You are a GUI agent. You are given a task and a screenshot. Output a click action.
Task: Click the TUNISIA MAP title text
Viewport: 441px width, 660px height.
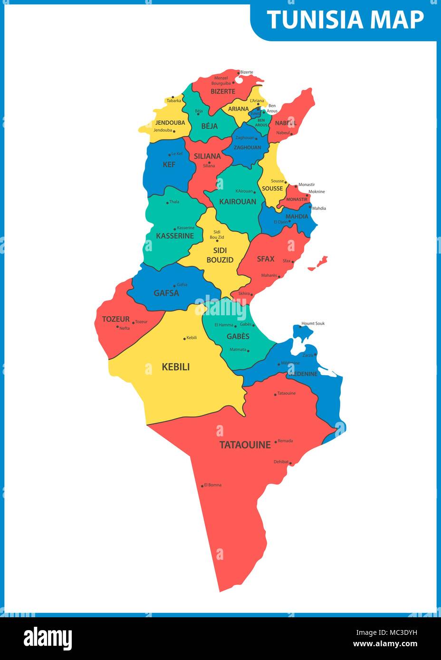point(345,19)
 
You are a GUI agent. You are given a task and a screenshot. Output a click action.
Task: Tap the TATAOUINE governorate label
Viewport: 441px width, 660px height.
point(245,445)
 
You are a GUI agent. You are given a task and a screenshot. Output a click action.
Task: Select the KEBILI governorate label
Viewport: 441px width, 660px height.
point(176,367)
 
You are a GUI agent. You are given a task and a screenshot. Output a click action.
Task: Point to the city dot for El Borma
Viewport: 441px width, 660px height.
point(202,485)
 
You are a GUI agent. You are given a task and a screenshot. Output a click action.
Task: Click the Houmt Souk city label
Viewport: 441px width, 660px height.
point(313,323)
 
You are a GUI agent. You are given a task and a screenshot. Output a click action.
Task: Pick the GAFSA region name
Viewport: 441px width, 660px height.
point(166,293)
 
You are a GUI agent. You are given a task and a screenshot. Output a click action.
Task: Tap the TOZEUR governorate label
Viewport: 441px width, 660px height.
point(115,319)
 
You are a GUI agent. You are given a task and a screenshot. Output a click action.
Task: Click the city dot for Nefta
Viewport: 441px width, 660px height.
point(117,327)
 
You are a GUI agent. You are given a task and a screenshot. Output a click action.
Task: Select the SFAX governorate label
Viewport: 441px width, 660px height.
point(266,259)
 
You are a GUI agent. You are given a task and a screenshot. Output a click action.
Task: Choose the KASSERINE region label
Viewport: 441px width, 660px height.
point(175,236)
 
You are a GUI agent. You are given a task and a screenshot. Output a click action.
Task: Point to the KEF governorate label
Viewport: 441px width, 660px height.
point(169,164)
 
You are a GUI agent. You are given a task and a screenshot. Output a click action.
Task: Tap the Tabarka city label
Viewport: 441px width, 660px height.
point(174,101)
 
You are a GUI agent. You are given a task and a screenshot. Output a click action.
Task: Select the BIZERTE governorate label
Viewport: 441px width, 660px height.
point(223,91)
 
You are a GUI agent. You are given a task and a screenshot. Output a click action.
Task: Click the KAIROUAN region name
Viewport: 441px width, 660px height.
point(238,201)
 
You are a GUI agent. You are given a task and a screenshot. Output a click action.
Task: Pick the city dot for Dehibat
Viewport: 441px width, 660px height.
point(290,462)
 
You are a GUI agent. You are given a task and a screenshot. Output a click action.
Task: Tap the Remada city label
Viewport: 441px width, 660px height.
point(285,441)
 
